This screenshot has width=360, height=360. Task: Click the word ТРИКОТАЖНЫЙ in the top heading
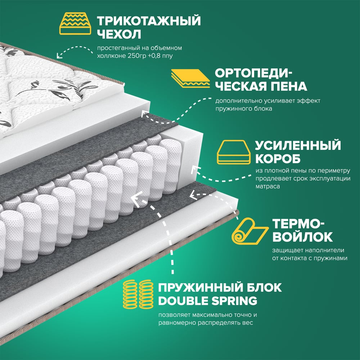[x=149, y=21]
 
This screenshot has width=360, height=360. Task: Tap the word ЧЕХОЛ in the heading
[x=119, y=35]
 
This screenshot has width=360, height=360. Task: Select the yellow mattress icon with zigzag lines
[x=75, y=24]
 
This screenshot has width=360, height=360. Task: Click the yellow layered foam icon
[x=190, y=78]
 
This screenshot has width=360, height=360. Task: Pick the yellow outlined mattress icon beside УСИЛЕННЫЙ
[x=234, y=152]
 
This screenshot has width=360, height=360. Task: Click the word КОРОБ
[x=278, y=158]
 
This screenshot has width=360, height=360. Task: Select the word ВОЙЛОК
[x=303, y=237]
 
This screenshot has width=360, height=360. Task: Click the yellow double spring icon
[x=138, y=294]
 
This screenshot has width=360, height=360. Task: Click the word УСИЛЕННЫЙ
[x=298, y=145]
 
